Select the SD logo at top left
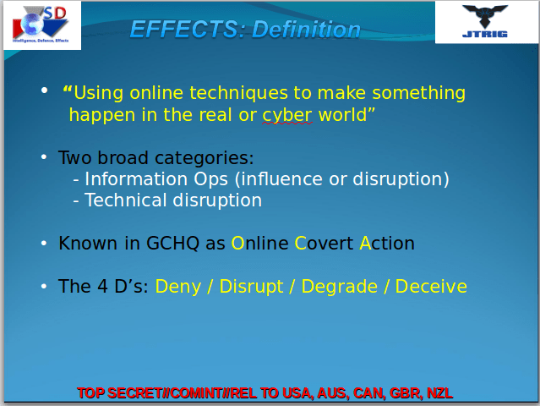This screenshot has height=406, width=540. click(43, 24)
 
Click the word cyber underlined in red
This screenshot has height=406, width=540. click(287, 115)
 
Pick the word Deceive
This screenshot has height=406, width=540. click(431, 287)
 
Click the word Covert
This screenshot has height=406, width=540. click(324, 244)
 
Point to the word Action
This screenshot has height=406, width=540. click(387, 244)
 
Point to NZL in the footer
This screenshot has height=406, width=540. click(439, 393)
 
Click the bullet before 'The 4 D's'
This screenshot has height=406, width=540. click(44, 287)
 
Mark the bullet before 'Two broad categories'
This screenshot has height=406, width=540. click(44, 158)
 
